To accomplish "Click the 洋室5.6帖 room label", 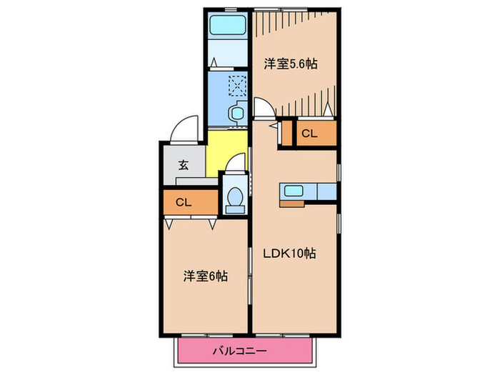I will pos(290,63).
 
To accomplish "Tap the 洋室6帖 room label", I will pos(205,275).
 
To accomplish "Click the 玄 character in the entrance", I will pos(184,165).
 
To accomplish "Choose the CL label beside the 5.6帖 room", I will pos(309,133).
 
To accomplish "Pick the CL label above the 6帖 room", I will pos(184,203).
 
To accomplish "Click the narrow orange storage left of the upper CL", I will pos(288,133).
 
